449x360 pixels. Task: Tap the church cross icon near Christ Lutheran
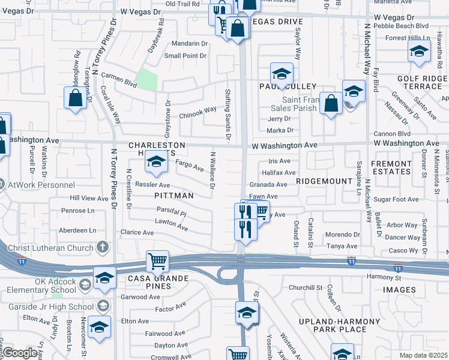[x=103, y=246]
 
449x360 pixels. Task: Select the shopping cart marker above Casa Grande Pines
[x=157, y=261]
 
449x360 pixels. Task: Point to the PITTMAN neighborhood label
[x=174, y=196]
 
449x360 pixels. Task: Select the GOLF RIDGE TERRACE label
[x=420, y=83]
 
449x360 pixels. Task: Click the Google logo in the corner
[x=20, y=353]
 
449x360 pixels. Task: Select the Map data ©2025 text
[x=423, y=355]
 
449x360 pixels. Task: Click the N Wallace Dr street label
[x=212, y=170]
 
